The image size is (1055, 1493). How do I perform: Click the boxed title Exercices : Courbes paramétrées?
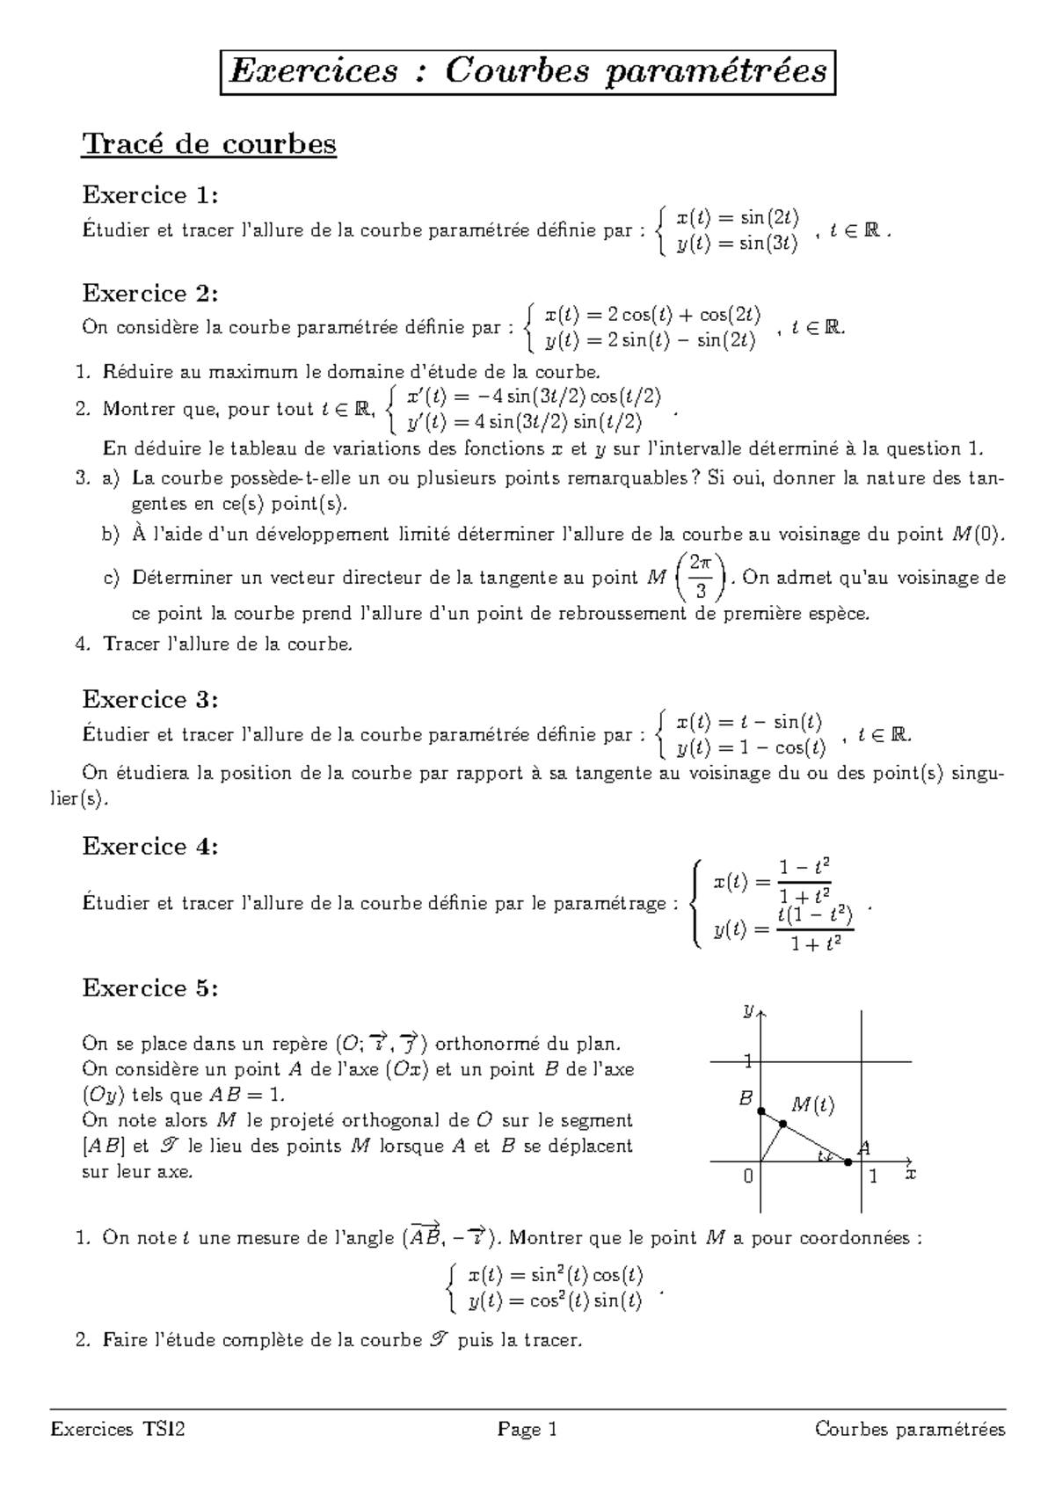[527, 70]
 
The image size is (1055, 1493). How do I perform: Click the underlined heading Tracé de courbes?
[209, 143]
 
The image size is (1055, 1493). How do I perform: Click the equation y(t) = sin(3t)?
[737, 244]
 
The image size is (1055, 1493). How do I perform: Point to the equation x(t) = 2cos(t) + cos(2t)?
[652, 315]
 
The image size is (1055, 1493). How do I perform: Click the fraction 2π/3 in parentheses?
[700, 577]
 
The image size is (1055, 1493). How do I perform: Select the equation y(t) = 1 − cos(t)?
[751, 748]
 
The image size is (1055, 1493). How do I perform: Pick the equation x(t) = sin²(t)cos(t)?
[556, 1274]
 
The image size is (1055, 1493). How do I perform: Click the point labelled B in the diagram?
[761, 1111]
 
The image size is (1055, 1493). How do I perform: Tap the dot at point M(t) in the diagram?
[782, 1123]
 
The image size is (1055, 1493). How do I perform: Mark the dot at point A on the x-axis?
[848, 1162]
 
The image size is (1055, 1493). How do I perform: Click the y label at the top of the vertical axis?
[747, 1011]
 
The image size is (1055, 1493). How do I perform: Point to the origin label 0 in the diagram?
[748, 1176]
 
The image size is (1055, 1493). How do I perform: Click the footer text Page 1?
[527, 1430]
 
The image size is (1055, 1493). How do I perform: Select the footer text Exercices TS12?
[118, 1430]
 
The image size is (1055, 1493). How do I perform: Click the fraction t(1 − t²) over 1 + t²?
[816, 929]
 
